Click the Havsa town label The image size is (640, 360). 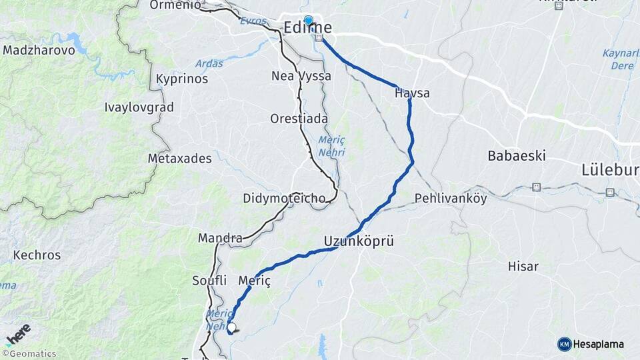[x=412, y=93]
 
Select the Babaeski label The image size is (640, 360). [x=517, y=156]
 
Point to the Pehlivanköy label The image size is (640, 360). [x=451, y=199]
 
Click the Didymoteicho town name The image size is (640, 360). [x=284, y=199]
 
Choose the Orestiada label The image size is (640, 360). [x=299, y=119]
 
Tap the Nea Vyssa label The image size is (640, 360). [x=301, y=76]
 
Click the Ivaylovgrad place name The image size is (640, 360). [x=139, y=107]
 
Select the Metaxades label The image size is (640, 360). [x=179, y=159]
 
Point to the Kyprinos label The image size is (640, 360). [x=181, y=79]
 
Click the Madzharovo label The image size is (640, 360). [x=39, y=51]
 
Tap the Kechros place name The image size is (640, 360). [x=37, y=255]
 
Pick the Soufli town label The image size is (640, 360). [x=209, y=280]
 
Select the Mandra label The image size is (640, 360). [x=220, y=238]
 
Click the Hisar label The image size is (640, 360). [x=523, y=266]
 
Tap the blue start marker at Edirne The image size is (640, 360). [x=308, y=21]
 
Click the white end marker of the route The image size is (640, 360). [x=231, y=327]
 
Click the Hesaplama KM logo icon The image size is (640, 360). [x=565, y=344]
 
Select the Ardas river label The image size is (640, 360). [x=209, y=64]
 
